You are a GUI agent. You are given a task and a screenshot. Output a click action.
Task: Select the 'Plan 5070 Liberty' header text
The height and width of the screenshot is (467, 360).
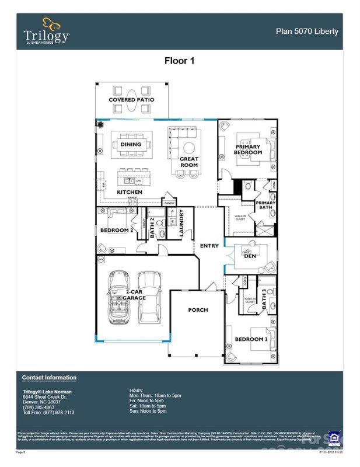click(x=307, y=31)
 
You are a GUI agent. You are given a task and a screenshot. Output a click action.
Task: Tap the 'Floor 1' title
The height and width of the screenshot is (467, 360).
click(x=180, y=60)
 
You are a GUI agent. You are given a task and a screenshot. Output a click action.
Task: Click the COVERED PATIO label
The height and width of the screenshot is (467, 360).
click(x=131, y=100)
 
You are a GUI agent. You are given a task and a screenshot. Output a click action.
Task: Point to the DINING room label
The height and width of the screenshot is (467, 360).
click(x=131, y=144)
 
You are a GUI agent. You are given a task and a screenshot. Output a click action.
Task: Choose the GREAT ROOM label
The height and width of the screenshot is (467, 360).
click(x=189, y=162)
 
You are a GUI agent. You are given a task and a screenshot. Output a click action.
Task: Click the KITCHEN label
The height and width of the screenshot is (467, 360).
click(x=130, y=192)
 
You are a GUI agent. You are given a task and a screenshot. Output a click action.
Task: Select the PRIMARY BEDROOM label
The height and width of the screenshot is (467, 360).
click(x=249, y=149)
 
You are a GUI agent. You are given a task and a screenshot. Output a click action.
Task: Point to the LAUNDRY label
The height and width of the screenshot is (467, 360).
click(x=181, y=223)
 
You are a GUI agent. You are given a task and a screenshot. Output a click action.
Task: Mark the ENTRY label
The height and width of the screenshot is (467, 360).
click(x=209, y=246)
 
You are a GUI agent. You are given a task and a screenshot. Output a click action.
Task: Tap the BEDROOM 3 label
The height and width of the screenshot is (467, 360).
click(x=251, y=339)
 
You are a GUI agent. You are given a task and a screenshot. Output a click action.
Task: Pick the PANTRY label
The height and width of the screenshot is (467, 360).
click(x=170, y=203)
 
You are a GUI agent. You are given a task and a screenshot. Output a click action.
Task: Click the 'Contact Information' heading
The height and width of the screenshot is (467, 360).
click(x=49, y=378)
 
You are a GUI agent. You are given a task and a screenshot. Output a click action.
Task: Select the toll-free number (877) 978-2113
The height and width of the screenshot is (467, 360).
click(x=57, y=412)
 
